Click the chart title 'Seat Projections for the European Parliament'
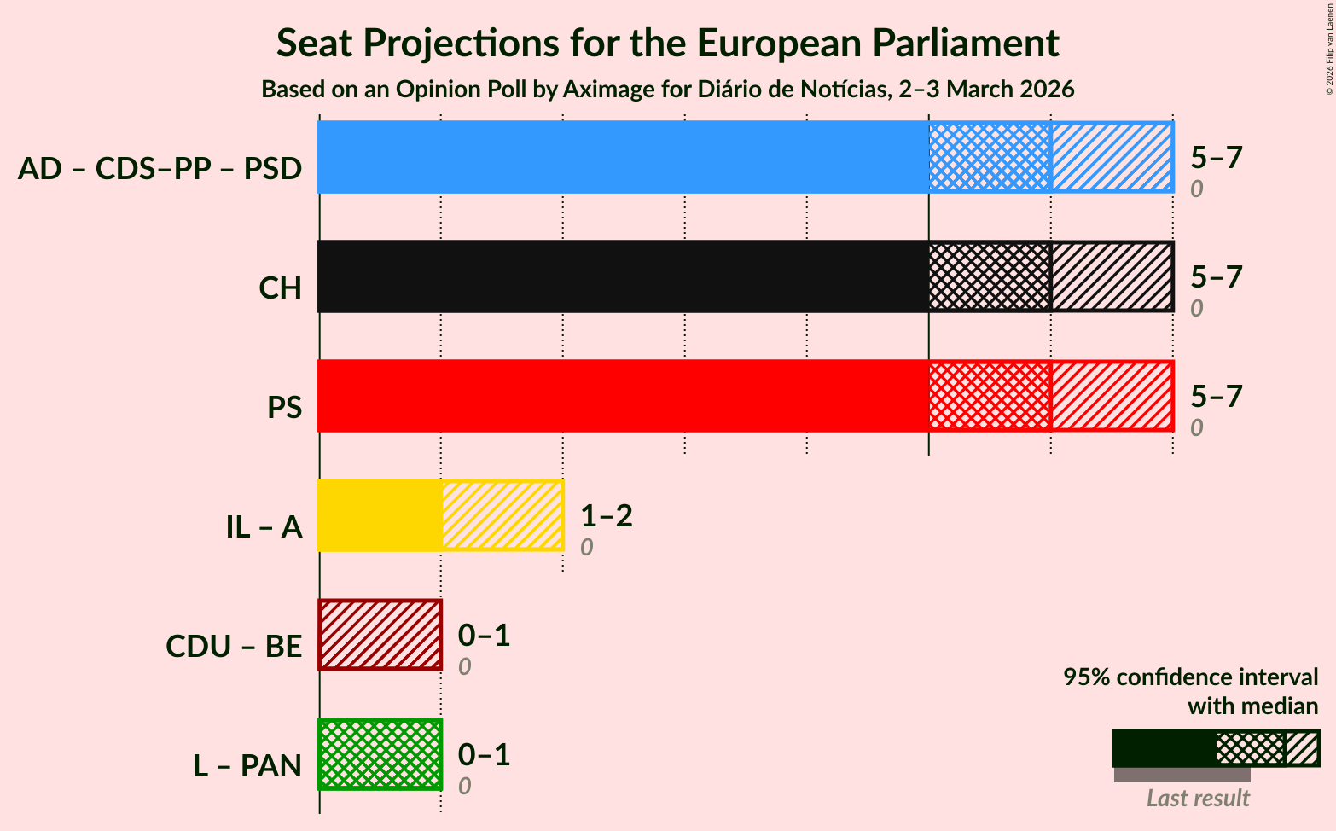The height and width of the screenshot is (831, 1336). pyautogui.click(x=667, y=43)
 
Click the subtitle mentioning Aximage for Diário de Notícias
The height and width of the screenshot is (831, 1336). pyautogui.click(x=667, y=90)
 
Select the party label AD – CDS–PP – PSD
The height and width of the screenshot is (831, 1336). pyautogui.click(x=160, y=169)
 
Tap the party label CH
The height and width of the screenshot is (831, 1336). pyautogui.click(x=280, y=288)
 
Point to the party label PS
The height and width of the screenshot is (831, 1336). pyautogui.click(x=284, y=408)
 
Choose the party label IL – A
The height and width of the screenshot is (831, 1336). pyautogui.click(x=264, y=527)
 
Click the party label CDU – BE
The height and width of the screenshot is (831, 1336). pyautogui.click(x=234, y=647)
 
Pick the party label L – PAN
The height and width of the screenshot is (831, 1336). pyautogui.click(x=247, y=766)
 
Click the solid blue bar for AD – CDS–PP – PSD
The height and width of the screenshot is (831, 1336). pyautogui.click(x=623, y=157)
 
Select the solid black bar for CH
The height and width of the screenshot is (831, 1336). pyautogui.click(x=623, y=276)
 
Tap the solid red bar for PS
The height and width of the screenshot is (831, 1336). pyautogui.click(x=623, y=396)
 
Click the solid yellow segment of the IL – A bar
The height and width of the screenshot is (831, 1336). pyautogui.click(x=380, y=515)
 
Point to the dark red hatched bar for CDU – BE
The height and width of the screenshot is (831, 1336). pyautogui.click(x=380, y=635)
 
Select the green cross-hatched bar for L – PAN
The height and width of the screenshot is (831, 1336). pyautogui.click(x=380, y=754)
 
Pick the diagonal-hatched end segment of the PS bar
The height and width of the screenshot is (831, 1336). pyautogui.click(x=1112, y=396)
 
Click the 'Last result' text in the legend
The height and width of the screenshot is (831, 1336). pyautogui.click(x=1198, y=799)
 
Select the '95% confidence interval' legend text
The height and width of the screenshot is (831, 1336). pyautogui.click(x=1190, y=677)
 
